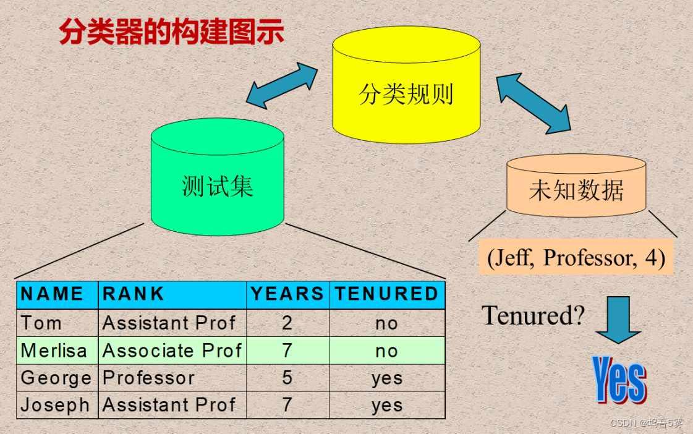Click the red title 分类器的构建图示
(x=171, y=31)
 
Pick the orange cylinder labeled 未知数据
(x=576, y=189)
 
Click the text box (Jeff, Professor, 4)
(x=576, y=257)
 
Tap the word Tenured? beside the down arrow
(x=533, y=315)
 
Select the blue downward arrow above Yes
(x=618, y=319)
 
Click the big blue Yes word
(x=619, y=378)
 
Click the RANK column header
(x=134, y=295)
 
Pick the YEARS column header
(x=287, y=295)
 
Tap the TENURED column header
(x=386, y=295)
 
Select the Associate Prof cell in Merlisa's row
(x=172, y=351)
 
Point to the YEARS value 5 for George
(x=287, y=378)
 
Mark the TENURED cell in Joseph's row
(x=387, y=405)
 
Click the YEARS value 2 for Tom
(x=287, y=323)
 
